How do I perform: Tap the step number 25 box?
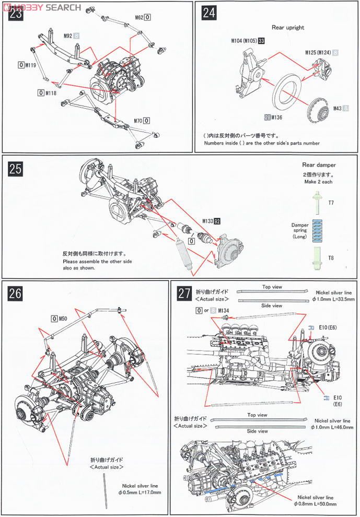[16, 169]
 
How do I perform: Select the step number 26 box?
[16, 293]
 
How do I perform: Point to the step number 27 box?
[184, 293]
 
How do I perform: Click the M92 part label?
[68, 36]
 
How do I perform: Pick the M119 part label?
[30, 65]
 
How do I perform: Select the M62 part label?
[139, 17]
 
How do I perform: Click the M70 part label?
[138, 121]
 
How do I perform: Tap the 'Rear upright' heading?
[288, 27]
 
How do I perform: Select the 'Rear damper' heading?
[319, 165]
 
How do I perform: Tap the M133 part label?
[208, 221]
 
